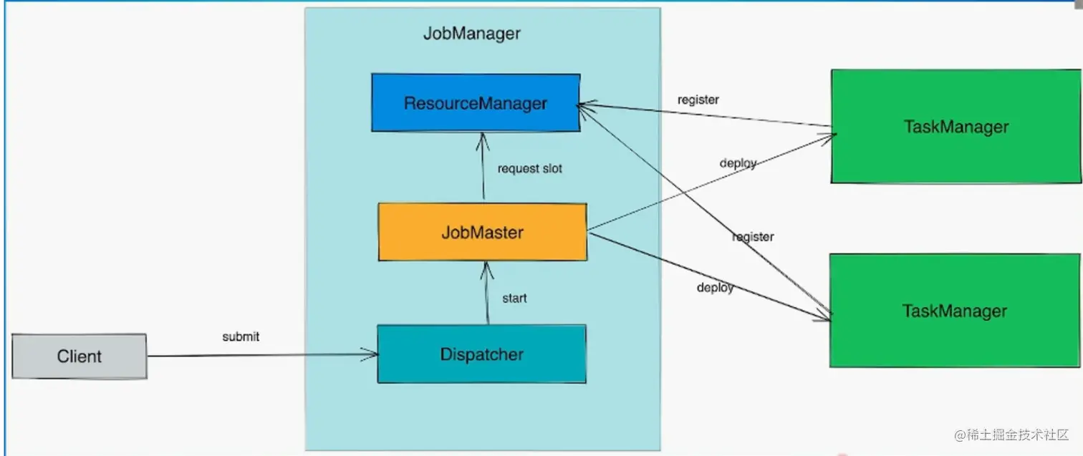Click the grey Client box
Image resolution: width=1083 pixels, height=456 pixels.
point(80,356)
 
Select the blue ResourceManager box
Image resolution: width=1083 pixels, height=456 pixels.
point(476,102)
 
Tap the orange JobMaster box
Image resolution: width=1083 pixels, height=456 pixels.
point(483,232)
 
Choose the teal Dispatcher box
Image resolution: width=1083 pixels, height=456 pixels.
point(481,354)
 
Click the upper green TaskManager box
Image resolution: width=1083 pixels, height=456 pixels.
point(956,127)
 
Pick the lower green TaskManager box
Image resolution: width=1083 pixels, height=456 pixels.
point(955,311)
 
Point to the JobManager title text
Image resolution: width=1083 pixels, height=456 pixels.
point(472,34)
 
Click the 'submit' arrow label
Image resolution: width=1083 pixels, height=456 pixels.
point(241,336)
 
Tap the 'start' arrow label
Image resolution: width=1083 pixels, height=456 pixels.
point(514,298)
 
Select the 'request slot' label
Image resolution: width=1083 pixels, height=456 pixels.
point(530,169)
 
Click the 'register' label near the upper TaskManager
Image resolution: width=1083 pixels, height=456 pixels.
point(698,100)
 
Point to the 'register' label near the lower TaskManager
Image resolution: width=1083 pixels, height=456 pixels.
point(753,237)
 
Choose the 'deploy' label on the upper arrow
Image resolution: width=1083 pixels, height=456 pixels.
point(738,163)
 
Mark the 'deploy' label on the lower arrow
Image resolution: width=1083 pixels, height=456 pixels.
point(715,287)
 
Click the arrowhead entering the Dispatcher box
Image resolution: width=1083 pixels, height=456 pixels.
point(370,354)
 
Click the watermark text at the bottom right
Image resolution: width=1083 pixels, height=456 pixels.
point(1011,435)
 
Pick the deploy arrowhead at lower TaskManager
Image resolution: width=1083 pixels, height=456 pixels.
point(823,316)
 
